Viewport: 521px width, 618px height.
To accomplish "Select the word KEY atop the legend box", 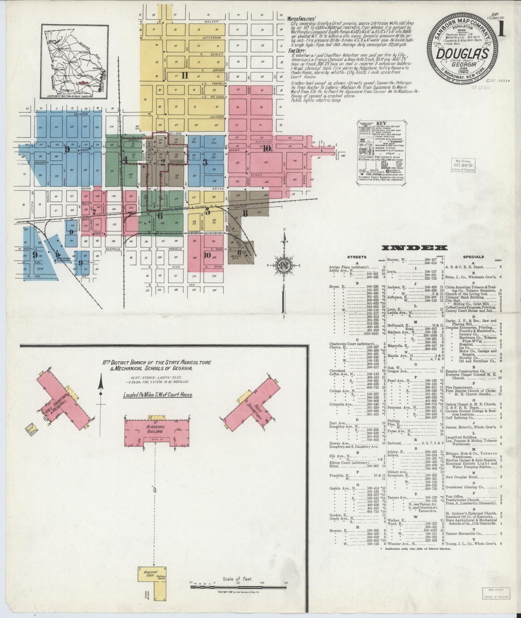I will pos(383,123).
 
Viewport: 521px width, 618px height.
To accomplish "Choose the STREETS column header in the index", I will pos(357,257).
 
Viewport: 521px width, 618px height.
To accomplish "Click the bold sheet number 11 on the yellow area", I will pos(185,75).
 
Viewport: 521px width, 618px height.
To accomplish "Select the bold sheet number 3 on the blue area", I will pos(205,162).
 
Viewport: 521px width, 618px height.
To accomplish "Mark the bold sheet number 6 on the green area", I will pos(160,215).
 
